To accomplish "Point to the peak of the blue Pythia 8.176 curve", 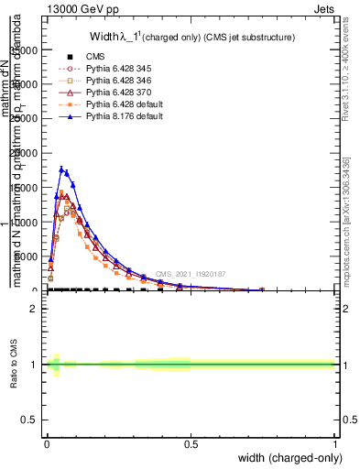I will click(x=61, y=169).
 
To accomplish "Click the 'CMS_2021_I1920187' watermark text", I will click(x=190, y=274).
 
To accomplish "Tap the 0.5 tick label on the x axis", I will click(x=191, y=443).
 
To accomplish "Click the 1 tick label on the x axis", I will click(x=334, y=443).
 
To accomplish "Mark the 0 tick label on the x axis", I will click(x=47, y=443).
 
